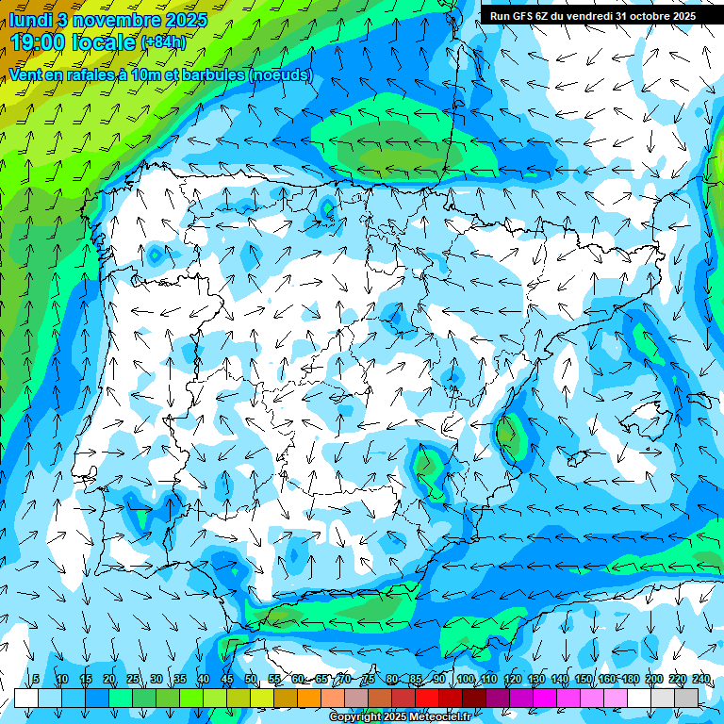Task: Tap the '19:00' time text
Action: (37, 41)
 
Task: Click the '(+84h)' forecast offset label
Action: (163, 41)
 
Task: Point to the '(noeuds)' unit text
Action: (280, 74)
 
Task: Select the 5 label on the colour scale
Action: (36, 679)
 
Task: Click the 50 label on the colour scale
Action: (251, 679)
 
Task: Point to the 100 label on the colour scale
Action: (465, 679)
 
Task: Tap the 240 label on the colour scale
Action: (701, 679)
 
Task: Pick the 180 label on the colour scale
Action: (631, 679)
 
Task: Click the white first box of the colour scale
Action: (25, 698)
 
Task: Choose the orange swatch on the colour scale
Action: (309, 698)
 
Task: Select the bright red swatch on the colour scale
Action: (427, 698)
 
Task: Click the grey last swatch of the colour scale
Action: (686, 698)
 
